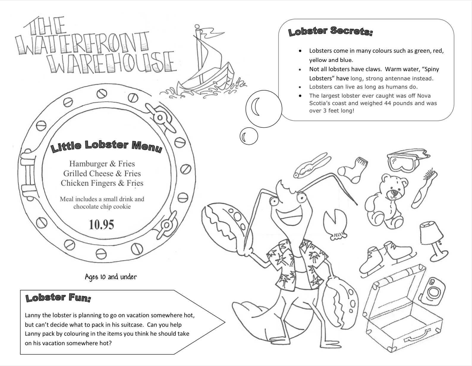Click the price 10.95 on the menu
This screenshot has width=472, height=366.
[101, 225]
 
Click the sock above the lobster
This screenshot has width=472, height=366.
[353, 169]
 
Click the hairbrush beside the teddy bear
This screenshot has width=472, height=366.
[424, 188]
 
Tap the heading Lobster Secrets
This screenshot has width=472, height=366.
[330, 31]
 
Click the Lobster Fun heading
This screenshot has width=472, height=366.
[58, 298]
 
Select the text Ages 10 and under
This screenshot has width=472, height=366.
[111, 277]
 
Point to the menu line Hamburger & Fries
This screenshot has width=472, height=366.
[102, 164]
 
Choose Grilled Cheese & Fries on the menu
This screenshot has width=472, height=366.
[102, 173]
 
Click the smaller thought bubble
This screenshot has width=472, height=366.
[249, 136]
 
